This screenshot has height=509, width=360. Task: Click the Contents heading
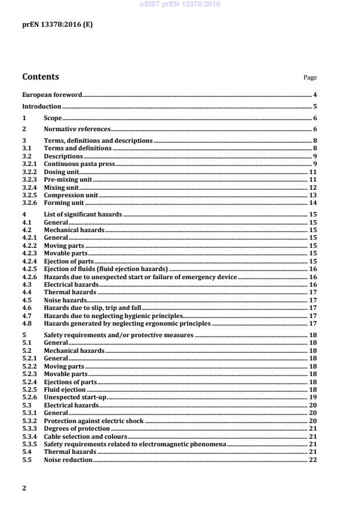40,77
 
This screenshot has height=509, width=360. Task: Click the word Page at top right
310,78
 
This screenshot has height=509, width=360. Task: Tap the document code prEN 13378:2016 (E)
57,26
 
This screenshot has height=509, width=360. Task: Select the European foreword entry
52,94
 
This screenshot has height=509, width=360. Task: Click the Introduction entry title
41,106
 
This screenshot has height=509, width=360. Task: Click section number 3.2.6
29,203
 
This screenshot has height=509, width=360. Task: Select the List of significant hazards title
83,215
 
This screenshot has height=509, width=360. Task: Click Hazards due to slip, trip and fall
92,308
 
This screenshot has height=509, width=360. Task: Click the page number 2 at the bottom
24,488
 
